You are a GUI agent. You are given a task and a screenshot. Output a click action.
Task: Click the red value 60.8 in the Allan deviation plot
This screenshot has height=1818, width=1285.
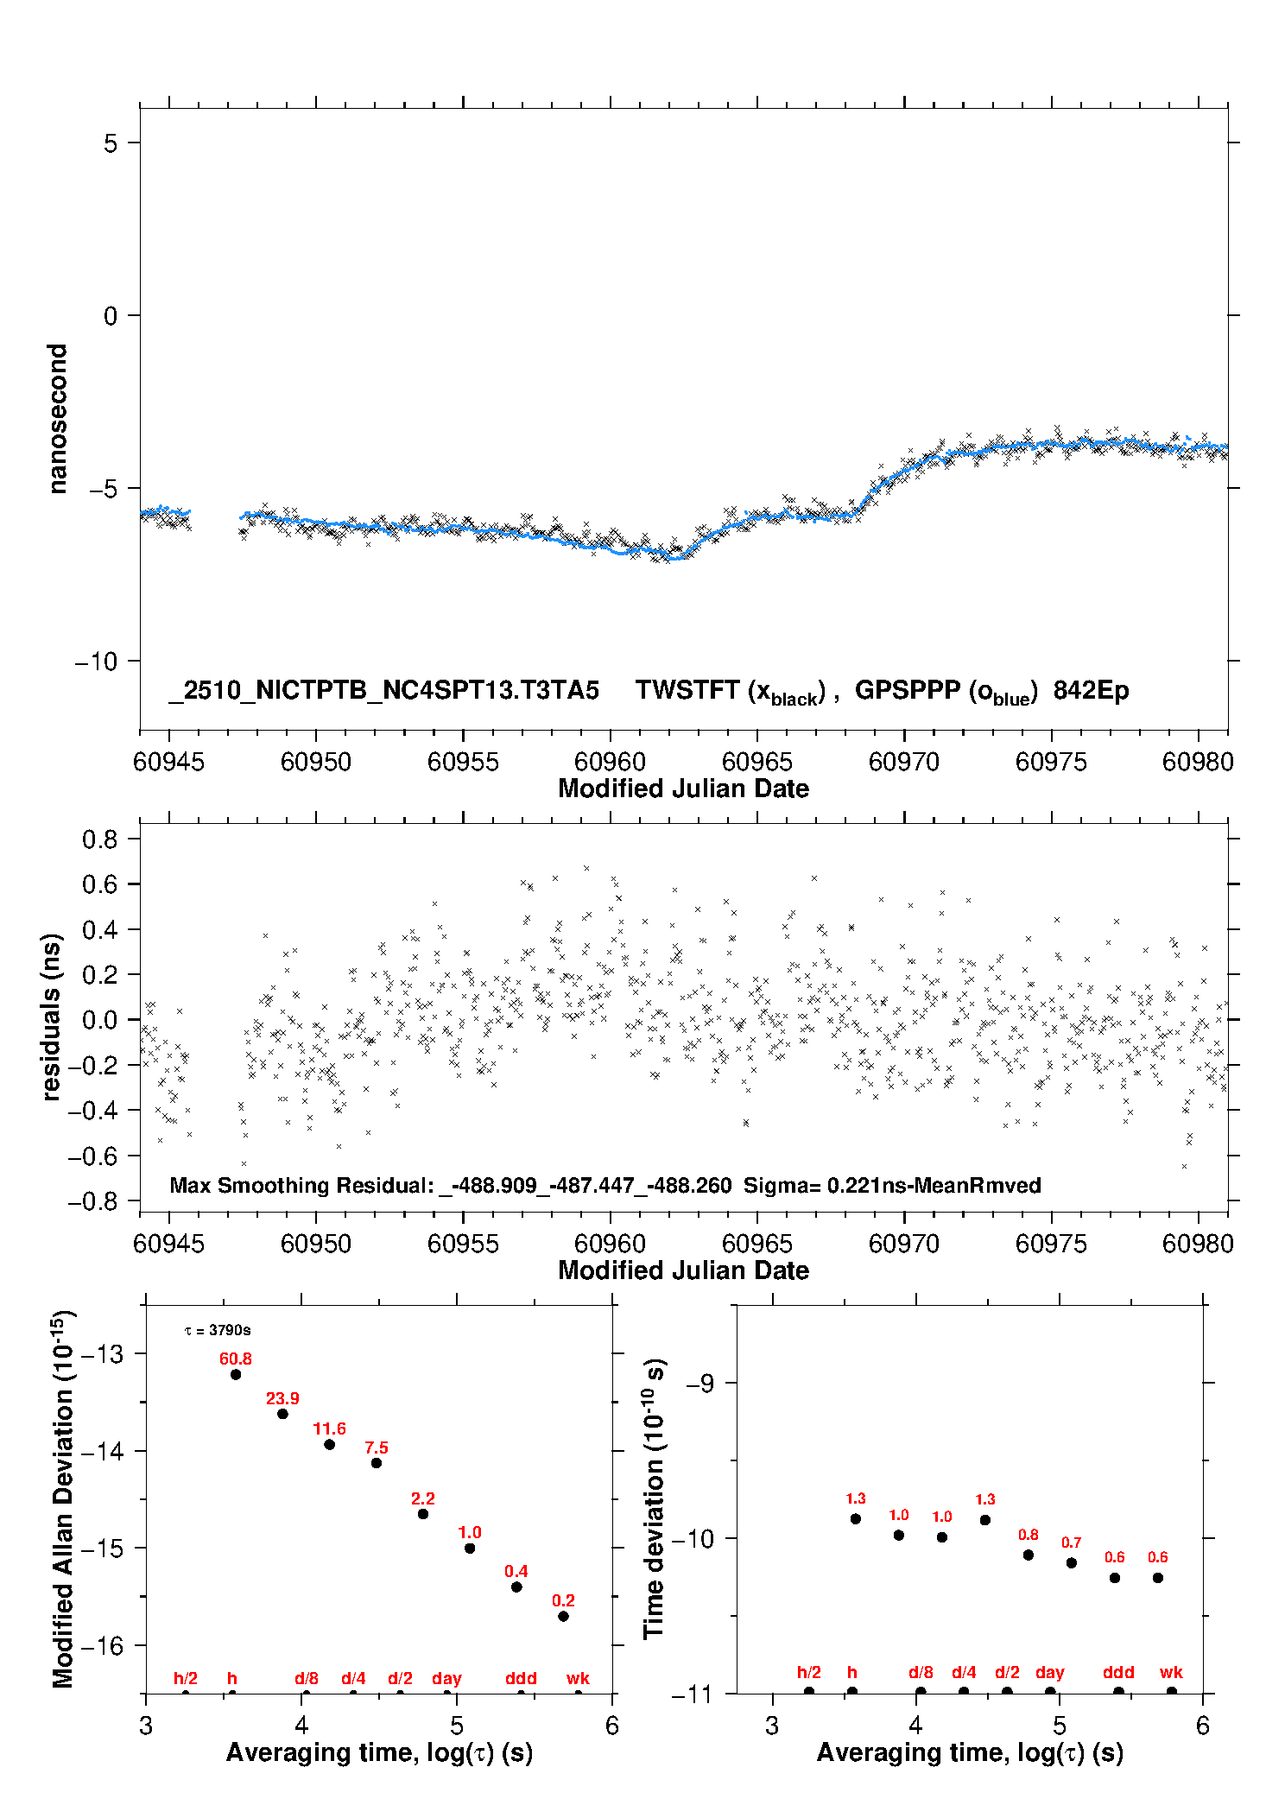[x=235, y=1359]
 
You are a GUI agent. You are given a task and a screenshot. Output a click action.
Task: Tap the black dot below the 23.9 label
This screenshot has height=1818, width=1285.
[x=282, y=1414]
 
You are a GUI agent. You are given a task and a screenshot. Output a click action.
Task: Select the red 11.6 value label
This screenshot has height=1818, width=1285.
[x=329, y=1428]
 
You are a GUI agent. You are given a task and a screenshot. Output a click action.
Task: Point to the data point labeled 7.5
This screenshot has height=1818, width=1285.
[x=377, y=1463]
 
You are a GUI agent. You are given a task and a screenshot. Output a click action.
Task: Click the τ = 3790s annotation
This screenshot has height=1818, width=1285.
[x=218, y=1330]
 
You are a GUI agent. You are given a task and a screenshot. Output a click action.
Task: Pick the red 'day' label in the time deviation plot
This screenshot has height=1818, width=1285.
[x=1050, y=1672]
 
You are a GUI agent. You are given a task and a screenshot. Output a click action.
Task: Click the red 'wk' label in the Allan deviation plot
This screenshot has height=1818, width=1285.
[x=578, y=1678]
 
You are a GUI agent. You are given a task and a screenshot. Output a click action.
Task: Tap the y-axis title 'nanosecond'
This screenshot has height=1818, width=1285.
[x=57, y=419]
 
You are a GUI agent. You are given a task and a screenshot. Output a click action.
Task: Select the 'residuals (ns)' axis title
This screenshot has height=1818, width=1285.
[x=52, y=1017]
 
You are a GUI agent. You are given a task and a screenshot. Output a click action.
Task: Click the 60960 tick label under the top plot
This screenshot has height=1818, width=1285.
[x=610, y=762]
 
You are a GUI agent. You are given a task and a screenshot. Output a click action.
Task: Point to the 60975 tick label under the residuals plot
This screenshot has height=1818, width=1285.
[x=1051, y=1244]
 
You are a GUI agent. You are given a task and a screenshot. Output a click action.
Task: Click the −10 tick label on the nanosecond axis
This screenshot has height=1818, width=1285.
[x=96, y=662]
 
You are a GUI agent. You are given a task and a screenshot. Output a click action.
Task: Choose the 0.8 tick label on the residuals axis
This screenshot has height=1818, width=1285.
[x=99, y=839]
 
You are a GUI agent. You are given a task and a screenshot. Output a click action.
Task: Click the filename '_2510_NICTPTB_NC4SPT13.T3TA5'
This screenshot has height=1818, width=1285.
[x=383, y=691]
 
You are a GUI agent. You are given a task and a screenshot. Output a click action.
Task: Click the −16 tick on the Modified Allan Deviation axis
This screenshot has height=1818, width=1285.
[x=101, y=1646]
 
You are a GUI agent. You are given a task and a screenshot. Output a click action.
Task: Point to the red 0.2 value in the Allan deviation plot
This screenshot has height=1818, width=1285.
[x=563, y=1600]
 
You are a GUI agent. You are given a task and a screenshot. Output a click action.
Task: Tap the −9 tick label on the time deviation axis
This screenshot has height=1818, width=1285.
[x=699, y=1384]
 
